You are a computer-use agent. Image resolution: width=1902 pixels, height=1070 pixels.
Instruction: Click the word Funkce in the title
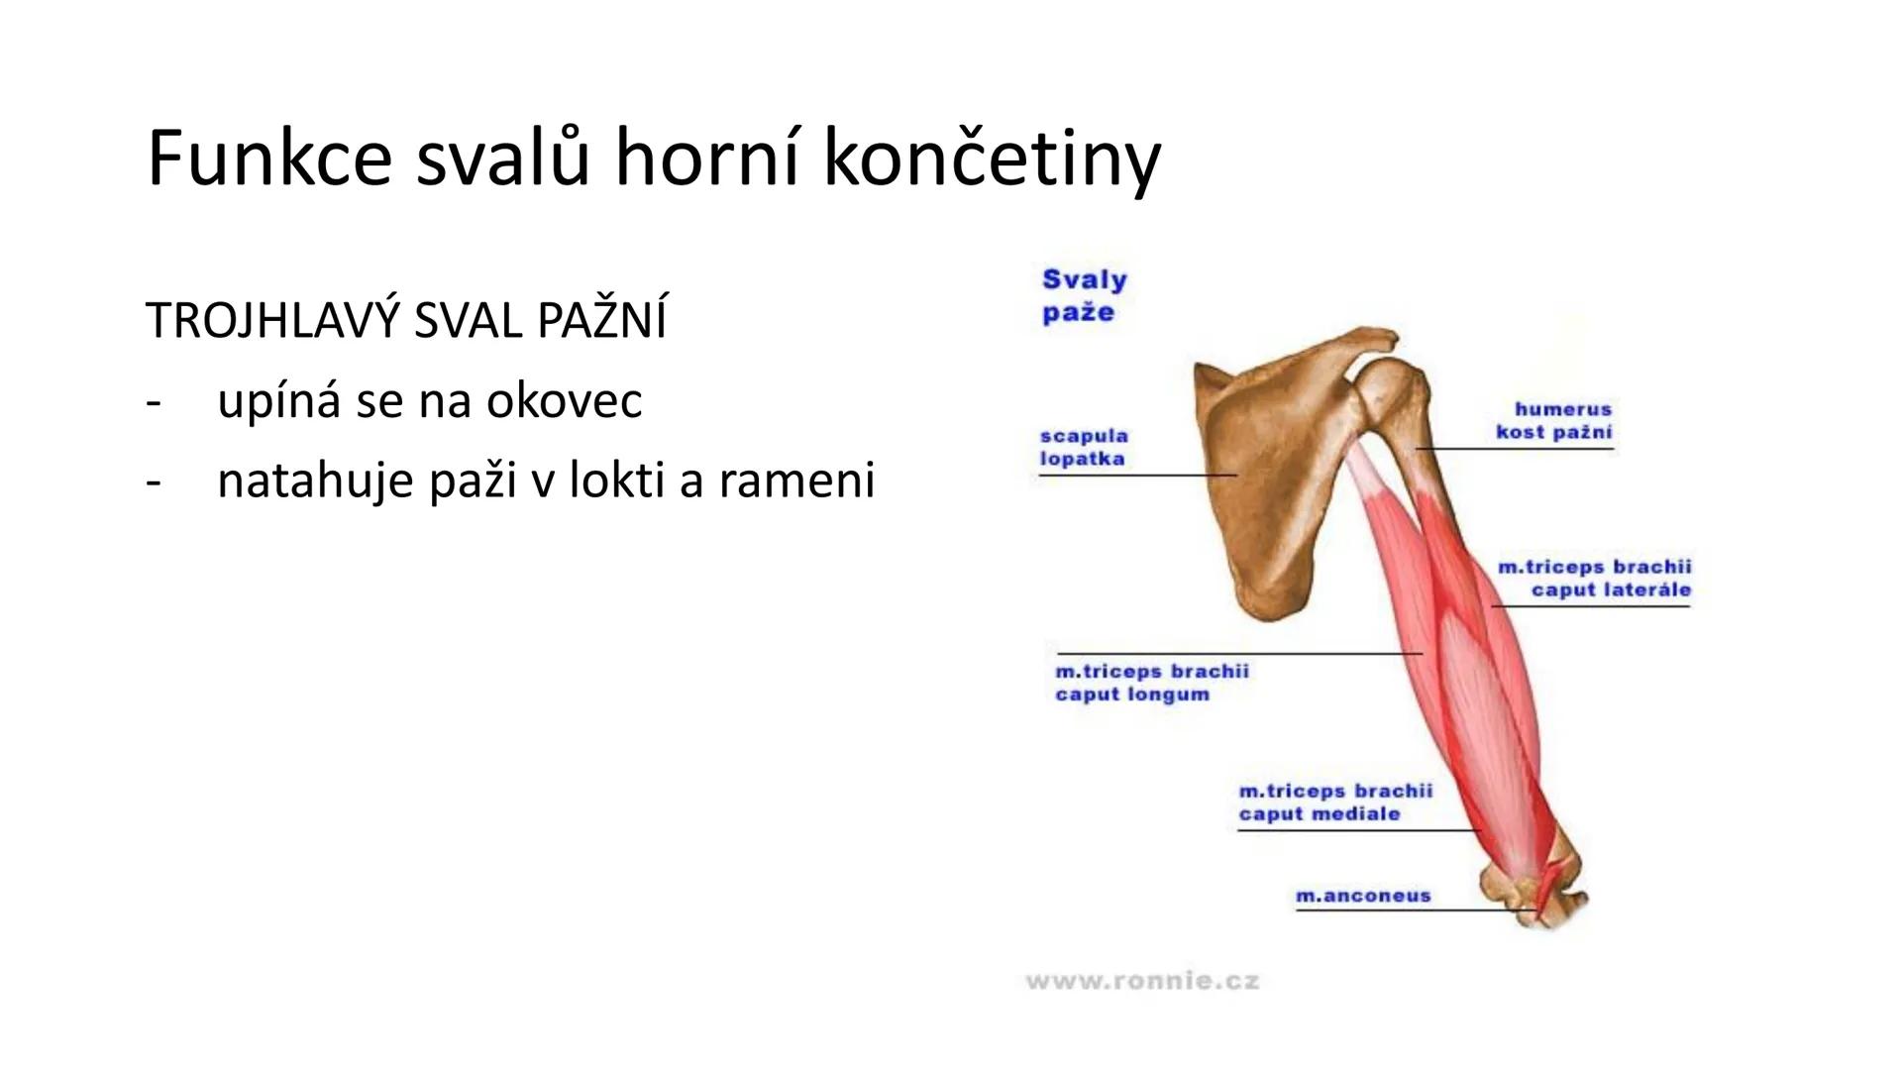point(268,159)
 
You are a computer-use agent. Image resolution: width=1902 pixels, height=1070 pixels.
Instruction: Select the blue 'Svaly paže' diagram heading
point(1084,295)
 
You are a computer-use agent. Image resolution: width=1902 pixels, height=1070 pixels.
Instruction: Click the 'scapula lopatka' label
point(1083,447)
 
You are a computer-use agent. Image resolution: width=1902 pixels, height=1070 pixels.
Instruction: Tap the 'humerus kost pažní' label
point(1553,420)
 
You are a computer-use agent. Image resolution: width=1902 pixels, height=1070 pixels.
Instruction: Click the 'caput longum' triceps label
point(1151,683)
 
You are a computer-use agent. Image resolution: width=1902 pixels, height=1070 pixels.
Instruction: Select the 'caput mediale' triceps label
point(1334,802)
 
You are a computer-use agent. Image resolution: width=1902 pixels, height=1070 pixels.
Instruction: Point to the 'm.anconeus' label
point(1363,896)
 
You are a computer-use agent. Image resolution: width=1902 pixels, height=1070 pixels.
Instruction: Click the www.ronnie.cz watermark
point(1142,982)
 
